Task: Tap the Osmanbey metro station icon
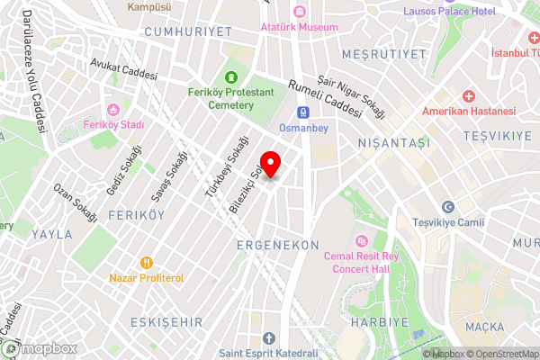(303, 112)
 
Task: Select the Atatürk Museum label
(299, 27)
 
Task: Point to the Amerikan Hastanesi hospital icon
(468, 96)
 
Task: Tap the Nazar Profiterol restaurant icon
(146, 263)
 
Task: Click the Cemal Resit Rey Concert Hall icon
(362, 240)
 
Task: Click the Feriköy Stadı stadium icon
(113, 109)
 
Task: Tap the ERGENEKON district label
(277, 245)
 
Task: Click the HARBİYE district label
(379, 321)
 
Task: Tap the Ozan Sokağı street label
(75, 203)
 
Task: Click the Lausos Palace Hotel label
(450, 11)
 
